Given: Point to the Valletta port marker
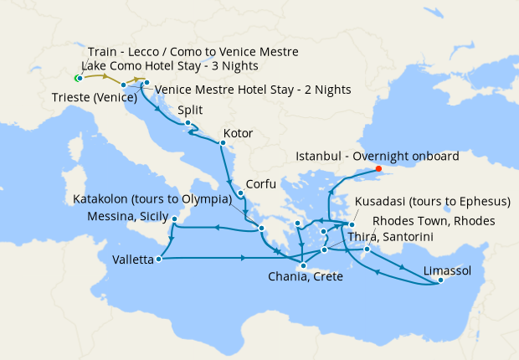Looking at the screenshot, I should click(158, 259).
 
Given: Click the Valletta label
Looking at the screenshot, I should click(133, 260).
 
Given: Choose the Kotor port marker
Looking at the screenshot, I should click(222, 143).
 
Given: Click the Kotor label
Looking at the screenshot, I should click(239, 133).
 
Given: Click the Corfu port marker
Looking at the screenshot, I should click(240, 194).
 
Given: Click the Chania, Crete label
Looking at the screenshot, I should click(305, 277).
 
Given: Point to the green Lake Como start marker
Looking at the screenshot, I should click(77, 79).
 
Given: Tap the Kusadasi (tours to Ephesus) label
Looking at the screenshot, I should click(433, 202).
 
